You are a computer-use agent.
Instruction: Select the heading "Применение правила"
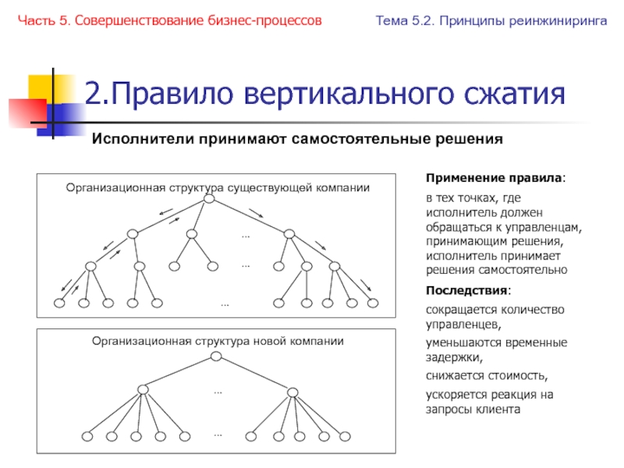point(496,179)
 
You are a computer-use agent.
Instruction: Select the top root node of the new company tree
point(214,356)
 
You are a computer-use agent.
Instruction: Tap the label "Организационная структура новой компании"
point(218,341)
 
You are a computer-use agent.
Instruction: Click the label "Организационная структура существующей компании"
point(218,188)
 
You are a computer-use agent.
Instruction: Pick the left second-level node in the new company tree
point(141,389)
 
